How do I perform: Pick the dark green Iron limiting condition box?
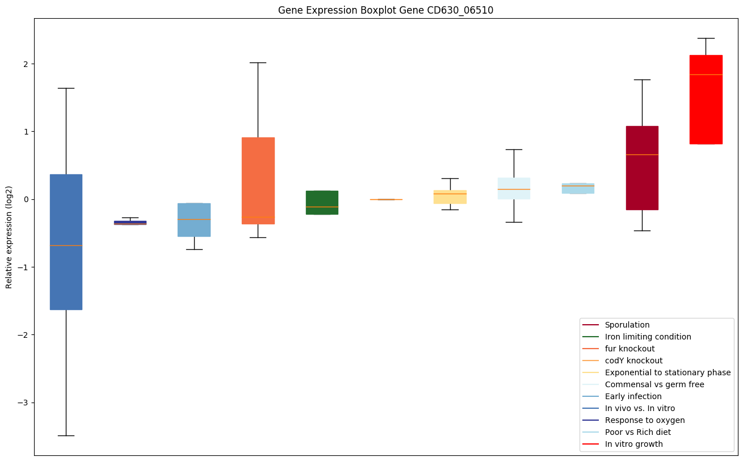pyautogui.click(x=322, y=202)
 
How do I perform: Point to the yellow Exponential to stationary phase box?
pyautogui.click(x=450, y=196)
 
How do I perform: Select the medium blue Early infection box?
pyautogui.click(x=194, y=220)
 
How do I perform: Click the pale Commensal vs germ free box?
pyautogui.click(x=514, y=188)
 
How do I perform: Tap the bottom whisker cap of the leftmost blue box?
pyautogui.click(x=66, y=435)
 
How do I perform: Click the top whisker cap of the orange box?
pyautogui.click(x=258, y=62)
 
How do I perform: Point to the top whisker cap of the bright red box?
pyautogui.click(x=706, y=38)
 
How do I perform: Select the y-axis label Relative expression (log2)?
pyautogui.click(x=9, y=237)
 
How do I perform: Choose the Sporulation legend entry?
pyautogui.click(x=627, y=325)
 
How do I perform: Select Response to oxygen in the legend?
pyautogui.click(x=644, y=420)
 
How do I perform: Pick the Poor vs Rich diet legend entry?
pyautogui.click(x=637, y=432)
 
